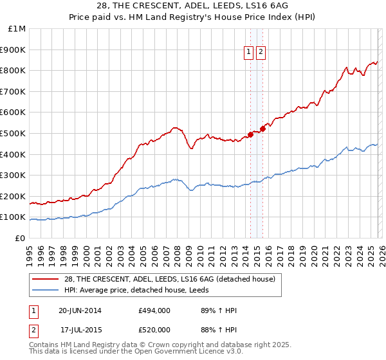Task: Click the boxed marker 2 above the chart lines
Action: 261,53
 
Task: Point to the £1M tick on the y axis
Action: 17,29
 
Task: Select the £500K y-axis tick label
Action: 14,134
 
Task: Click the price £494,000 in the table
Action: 154,310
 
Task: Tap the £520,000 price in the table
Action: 154,328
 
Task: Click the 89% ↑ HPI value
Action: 219,310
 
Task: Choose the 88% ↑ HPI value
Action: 219,328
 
